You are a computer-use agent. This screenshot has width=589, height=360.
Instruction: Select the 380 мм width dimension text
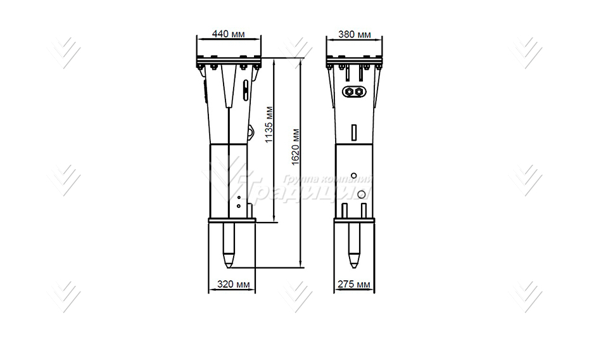pyautogui.click(x=355, y=34)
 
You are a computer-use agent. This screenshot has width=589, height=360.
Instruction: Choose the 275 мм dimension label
pyautogui.click(x=355, y=285)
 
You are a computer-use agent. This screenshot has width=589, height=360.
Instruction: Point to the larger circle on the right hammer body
pyautogui.click(x=362, y=194)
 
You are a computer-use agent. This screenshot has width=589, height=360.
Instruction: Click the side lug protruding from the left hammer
pyautogui.click(x=251, y=132)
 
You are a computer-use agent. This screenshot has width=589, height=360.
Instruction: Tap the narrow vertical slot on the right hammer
pyautogui.click(x=355, y=132)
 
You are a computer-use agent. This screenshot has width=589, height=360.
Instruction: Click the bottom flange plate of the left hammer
pyautogui.click(x=231, y=221)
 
